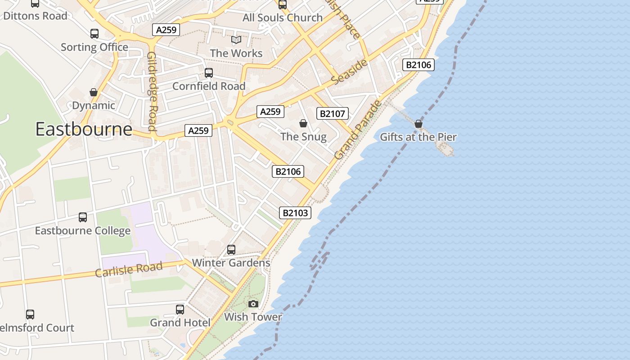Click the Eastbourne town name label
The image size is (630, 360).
click(84, 129)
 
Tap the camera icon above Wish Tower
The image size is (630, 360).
click(253, 304)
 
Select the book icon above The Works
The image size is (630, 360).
click(236, 40)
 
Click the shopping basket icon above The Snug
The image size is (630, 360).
click(303, 123)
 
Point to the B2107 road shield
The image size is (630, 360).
click(333, 113)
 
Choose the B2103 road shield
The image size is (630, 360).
click(295, 213)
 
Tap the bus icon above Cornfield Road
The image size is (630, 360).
click(209, 73)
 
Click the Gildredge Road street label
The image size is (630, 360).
click(152, 91)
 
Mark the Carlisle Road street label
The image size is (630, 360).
click(129, 269)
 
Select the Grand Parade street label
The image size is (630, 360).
click(358, 130)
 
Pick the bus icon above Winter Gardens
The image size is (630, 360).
click(231, 249)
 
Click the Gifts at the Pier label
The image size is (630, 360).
click(418, 137)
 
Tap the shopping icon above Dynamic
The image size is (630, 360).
click(94, 92)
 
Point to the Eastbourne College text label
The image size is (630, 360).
click(83, 231)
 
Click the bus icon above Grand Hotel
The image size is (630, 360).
click(180, 310)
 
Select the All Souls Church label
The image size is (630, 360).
click(283, 18)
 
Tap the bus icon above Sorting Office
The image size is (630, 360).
click(94, 34)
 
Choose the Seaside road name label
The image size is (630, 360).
click(350, 71)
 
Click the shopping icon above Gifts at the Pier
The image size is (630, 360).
click(418, 124)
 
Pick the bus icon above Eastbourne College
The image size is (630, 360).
click(83, 217)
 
